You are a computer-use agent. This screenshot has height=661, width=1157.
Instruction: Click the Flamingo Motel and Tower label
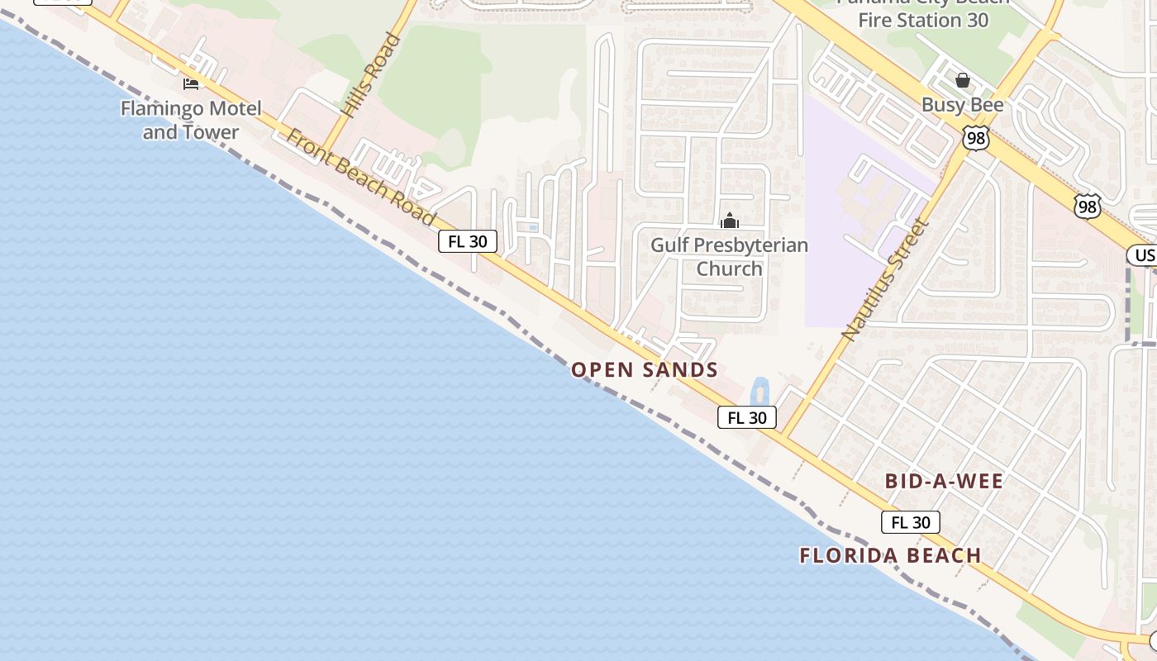pyautogui.click(x=191, y=120)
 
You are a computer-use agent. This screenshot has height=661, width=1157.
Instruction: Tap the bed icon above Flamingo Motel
pyautogui.click(x=191, y=83)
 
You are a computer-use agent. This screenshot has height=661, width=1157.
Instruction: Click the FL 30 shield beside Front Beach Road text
pyautogui.click(x=468, y=241)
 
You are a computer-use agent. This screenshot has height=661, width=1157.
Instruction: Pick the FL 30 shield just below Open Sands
pyautogui.click(x=747, y=417)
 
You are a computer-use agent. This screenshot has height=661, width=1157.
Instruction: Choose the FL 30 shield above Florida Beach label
pyautogui.click(x=911, y=522)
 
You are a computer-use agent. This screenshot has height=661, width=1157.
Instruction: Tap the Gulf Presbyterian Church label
pyautogui.click(x=729, y=256)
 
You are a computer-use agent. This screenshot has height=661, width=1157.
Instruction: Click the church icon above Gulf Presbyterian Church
pyautogui.click(x=729, y=221)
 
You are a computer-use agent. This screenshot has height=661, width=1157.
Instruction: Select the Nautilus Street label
pyautogui.click(x=885, y=279)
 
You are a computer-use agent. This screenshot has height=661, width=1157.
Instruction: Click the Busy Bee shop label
pyautogui.click(x=962, y=105)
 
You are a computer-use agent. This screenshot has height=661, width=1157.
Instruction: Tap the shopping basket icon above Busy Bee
pyautogui.click(x=962, y=80)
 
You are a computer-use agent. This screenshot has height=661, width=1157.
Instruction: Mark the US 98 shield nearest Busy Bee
pyautogui.click(x=976, y=138)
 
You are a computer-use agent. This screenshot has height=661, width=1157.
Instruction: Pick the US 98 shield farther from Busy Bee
pyautogui.click(x=1088, y=206)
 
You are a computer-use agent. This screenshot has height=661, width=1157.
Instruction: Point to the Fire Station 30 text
pyautogui.click(x=922, y=20)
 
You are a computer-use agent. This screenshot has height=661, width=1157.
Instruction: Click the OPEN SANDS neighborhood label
pyautogui.click(x=645, y=369)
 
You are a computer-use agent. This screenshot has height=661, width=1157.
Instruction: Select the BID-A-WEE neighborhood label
pyautogui.click(x=944, y=481)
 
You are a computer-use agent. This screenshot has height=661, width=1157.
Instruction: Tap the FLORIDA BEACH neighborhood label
pyautogui.click(x=890, y=555)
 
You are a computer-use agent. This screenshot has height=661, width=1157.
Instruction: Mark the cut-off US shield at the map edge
pyautogui.click(x=1143, y=254)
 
